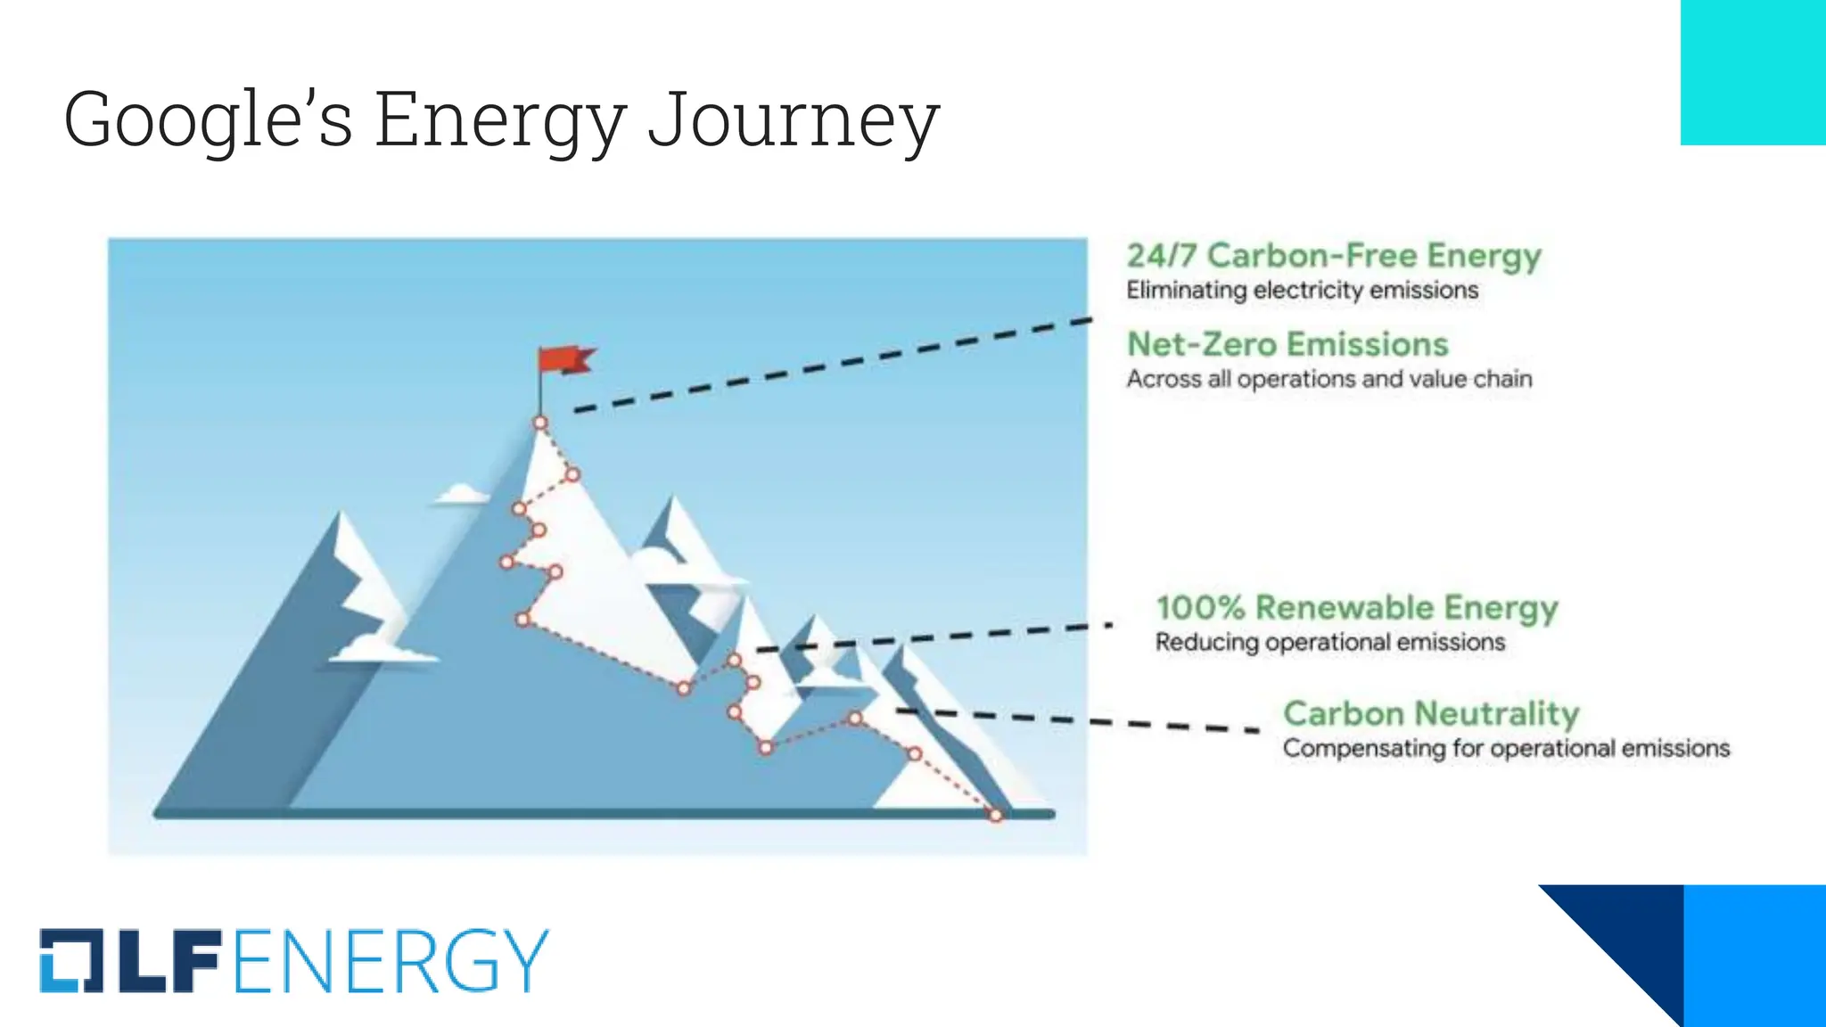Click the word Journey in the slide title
(793, 120)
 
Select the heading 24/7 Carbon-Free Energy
(1333, 256)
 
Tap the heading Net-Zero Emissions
(1287, 344)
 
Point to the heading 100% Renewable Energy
(1356, 608)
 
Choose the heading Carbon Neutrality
(1430, 714)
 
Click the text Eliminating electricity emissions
(1302, 291)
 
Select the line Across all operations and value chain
(1328, 379)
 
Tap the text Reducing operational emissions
(1329, 643)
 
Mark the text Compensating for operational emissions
(1506, 748)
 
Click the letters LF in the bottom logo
(168, 961)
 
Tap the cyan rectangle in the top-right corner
(1753, 71)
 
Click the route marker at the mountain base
(996, 815)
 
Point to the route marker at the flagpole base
(540, 423)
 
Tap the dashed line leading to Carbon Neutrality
(1079, 719)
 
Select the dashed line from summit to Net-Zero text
(829, 365)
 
